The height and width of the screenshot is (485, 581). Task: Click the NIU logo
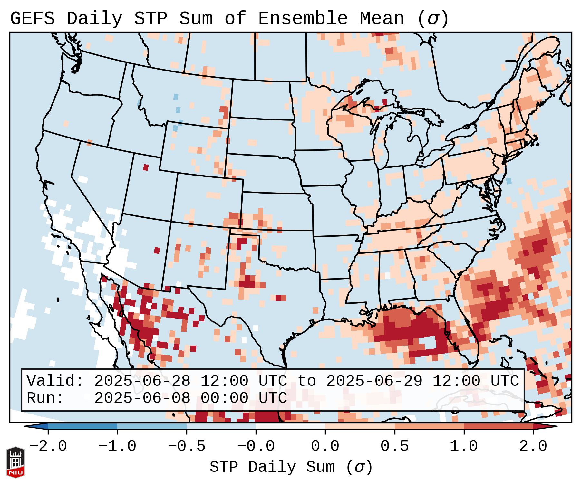point(15,462)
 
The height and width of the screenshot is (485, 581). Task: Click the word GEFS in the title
point(32,19)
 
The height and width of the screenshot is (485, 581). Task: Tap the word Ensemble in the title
point(303,19)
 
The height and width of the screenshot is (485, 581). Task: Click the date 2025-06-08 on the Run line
point(142,398)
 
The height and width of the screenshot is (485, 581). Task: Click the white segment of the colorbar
point(291,426)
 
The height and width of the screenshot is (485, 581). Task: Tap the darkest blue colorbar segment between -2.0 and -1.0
point(82,426)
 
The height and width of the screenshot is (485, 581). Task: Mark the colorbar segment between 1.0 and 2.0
point(499,426)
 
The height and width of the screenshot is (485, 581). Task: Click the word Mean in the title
point(382,19)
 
